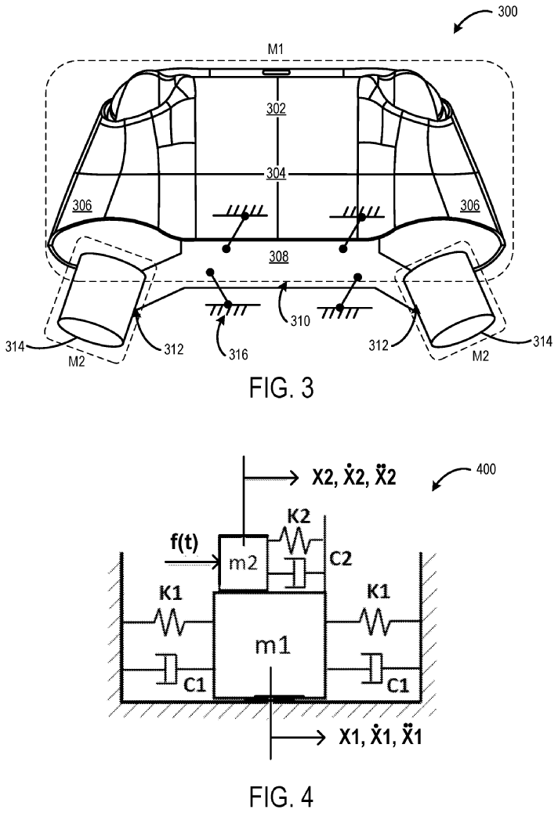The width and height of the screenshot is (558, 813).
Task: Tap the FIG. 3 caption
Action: (281, 387)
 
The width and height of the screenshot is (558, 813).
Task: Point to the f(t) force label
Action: (184, 543)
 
